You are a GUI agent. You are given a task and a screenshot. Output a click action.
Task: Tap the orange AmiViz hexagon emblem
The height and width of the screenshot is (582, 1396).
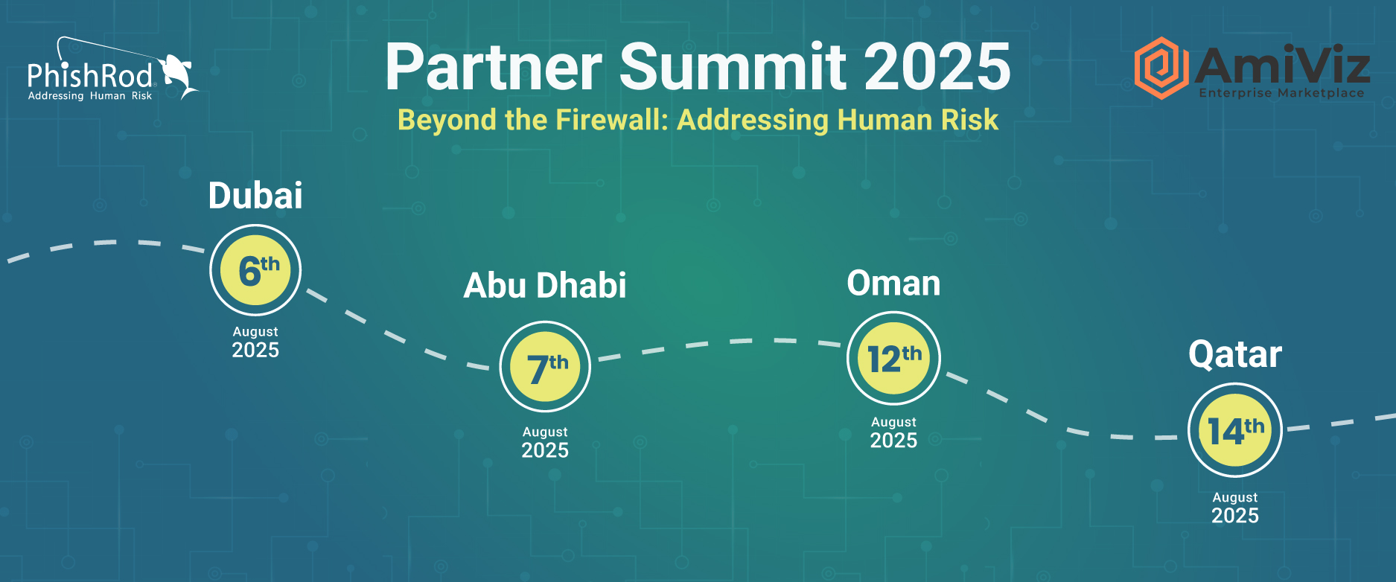click(1161, 68)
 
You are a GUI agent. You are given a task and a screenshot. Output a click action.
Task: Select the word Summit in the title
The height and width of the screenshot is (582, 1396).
click(733, 66)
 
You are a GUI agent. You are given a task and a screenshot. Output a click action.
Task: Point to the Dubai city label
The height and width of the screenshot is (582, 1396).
click(255, 196)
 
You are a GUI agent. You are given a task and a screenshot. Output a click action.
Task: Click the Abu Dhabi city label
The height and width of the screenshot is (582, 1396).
click(545, 285)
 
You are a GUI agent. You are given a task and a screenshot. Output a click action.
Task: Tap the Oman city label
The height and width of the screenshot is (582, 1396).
click(893, 284)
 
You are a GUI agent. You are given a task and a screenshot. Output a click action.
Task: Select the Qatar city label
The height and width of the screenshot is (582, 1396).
click(1235, 354)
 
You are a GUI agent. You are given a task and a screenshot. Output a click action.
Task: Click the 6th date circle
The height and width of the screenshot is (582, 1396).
click(255, 270)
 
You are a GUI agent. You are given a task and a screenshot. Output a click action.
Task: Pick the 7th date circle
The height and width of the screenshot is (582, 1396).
click(545, 367)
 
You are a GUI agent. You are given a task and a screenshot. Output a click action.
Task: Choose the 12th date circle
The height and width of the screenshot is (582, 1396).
click(893, 358)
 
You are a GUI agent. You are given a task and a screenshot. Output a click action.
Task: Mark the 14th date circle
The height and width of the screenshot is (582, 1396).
click(1234, 430)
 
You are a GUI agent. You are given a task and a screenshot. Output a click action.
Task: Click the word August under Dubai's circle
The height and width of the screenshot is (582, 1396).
click(255, 332)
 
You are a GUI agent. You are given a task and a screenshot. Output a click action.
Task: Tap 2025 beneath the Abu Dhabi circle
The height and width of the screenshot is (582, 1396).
click(545, 450)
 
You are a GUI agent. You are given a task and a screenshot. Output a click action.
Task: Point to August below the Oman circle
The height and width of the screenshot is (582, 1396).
click(893, 422)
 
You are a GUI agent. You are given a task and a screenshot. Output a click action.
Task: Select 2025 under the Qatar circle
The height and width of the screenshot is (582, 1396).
click(1235, 516)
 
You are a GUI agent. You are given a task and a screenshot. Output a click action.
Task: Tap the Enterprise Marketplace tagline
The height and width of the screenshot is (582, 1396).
click(1281, 93)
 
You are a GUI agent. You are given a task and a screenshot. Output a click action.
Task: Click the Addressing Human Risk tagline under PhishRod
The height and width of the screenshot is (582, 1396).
click(90, 96)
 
